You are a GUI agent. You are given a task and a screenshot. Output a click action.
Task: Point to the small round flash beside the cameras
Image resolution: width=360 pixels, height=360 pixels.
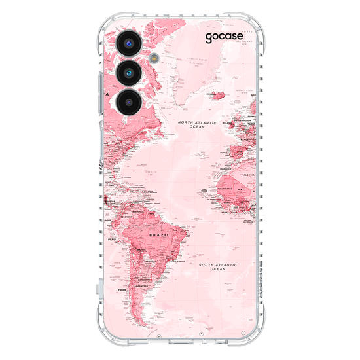pyautogui.click(x=154, y=57)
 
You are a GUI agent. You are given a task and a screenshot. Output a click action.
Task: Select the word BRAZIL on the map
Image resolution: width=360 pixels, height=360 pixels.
pyautogui.click(x=160, y=233)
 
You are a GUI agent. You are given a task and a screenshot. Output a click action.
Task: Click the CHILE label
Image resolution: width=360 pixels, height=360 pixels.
pyautogui.click(x=121, y=289)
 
